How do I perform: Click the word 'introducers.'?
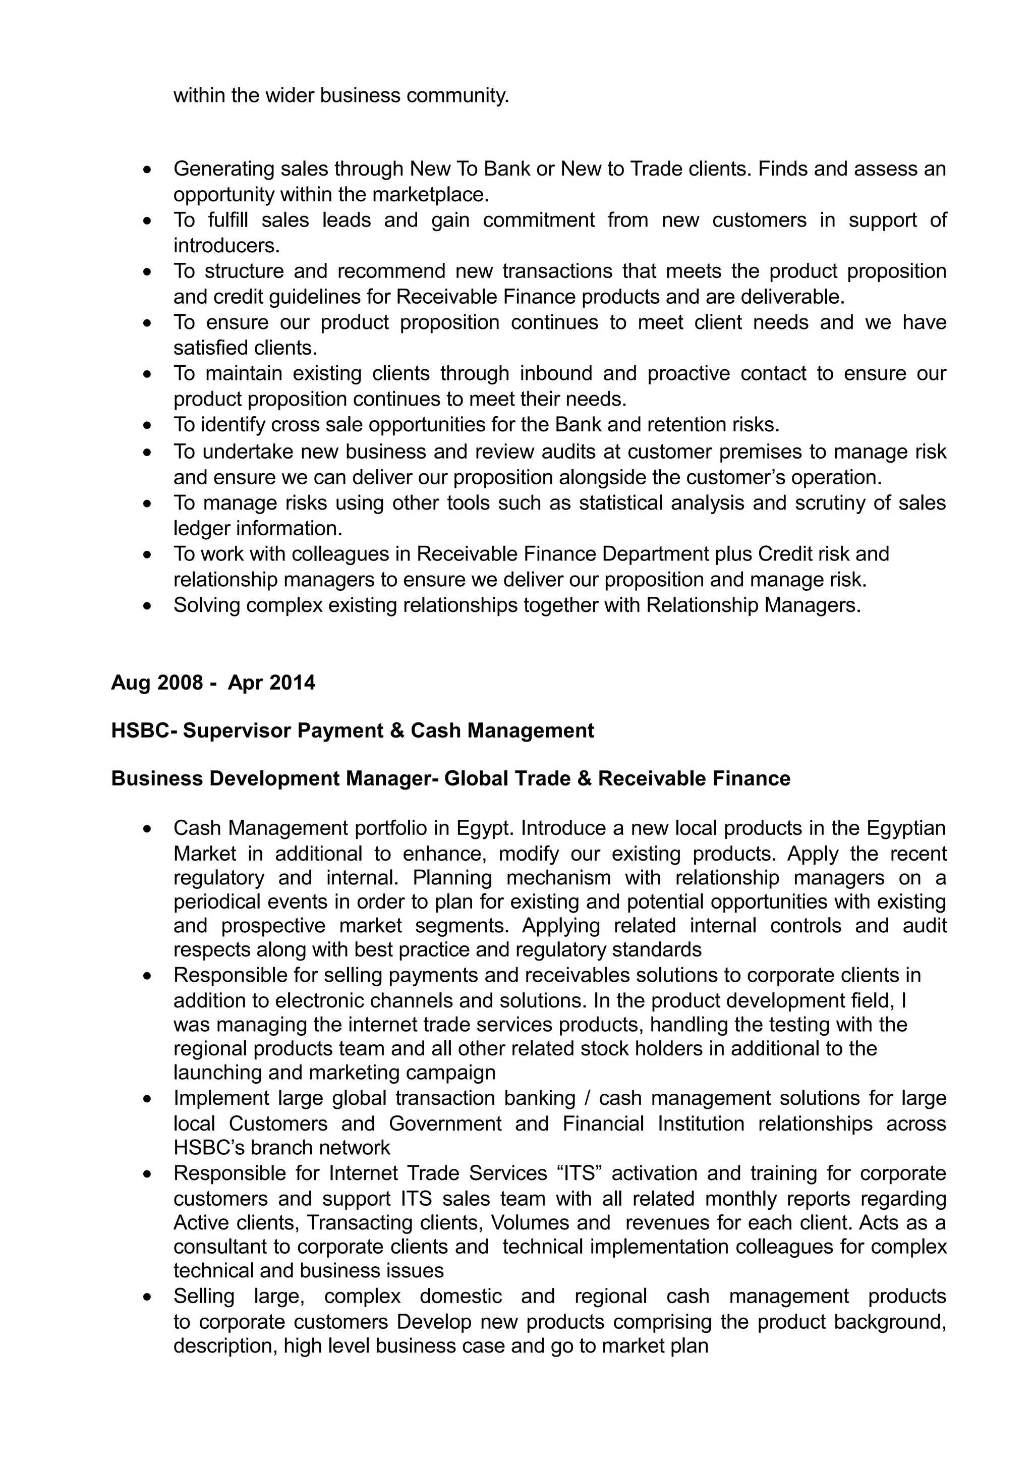click(226, 245)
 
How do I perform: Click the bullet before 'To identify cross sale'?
click(148, 425)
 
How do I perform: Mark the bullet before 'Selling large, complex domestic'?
click(148, 1297)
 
